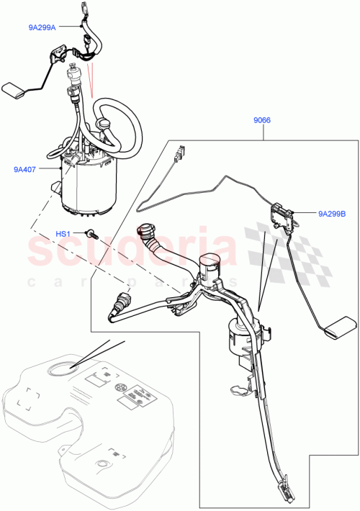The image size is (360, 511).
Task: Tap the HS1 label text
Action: (63, 234)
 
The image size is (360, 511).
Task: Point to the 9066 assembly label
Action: (261, 122)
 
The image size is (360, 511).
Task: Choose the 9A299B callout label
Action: (332, 213)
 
